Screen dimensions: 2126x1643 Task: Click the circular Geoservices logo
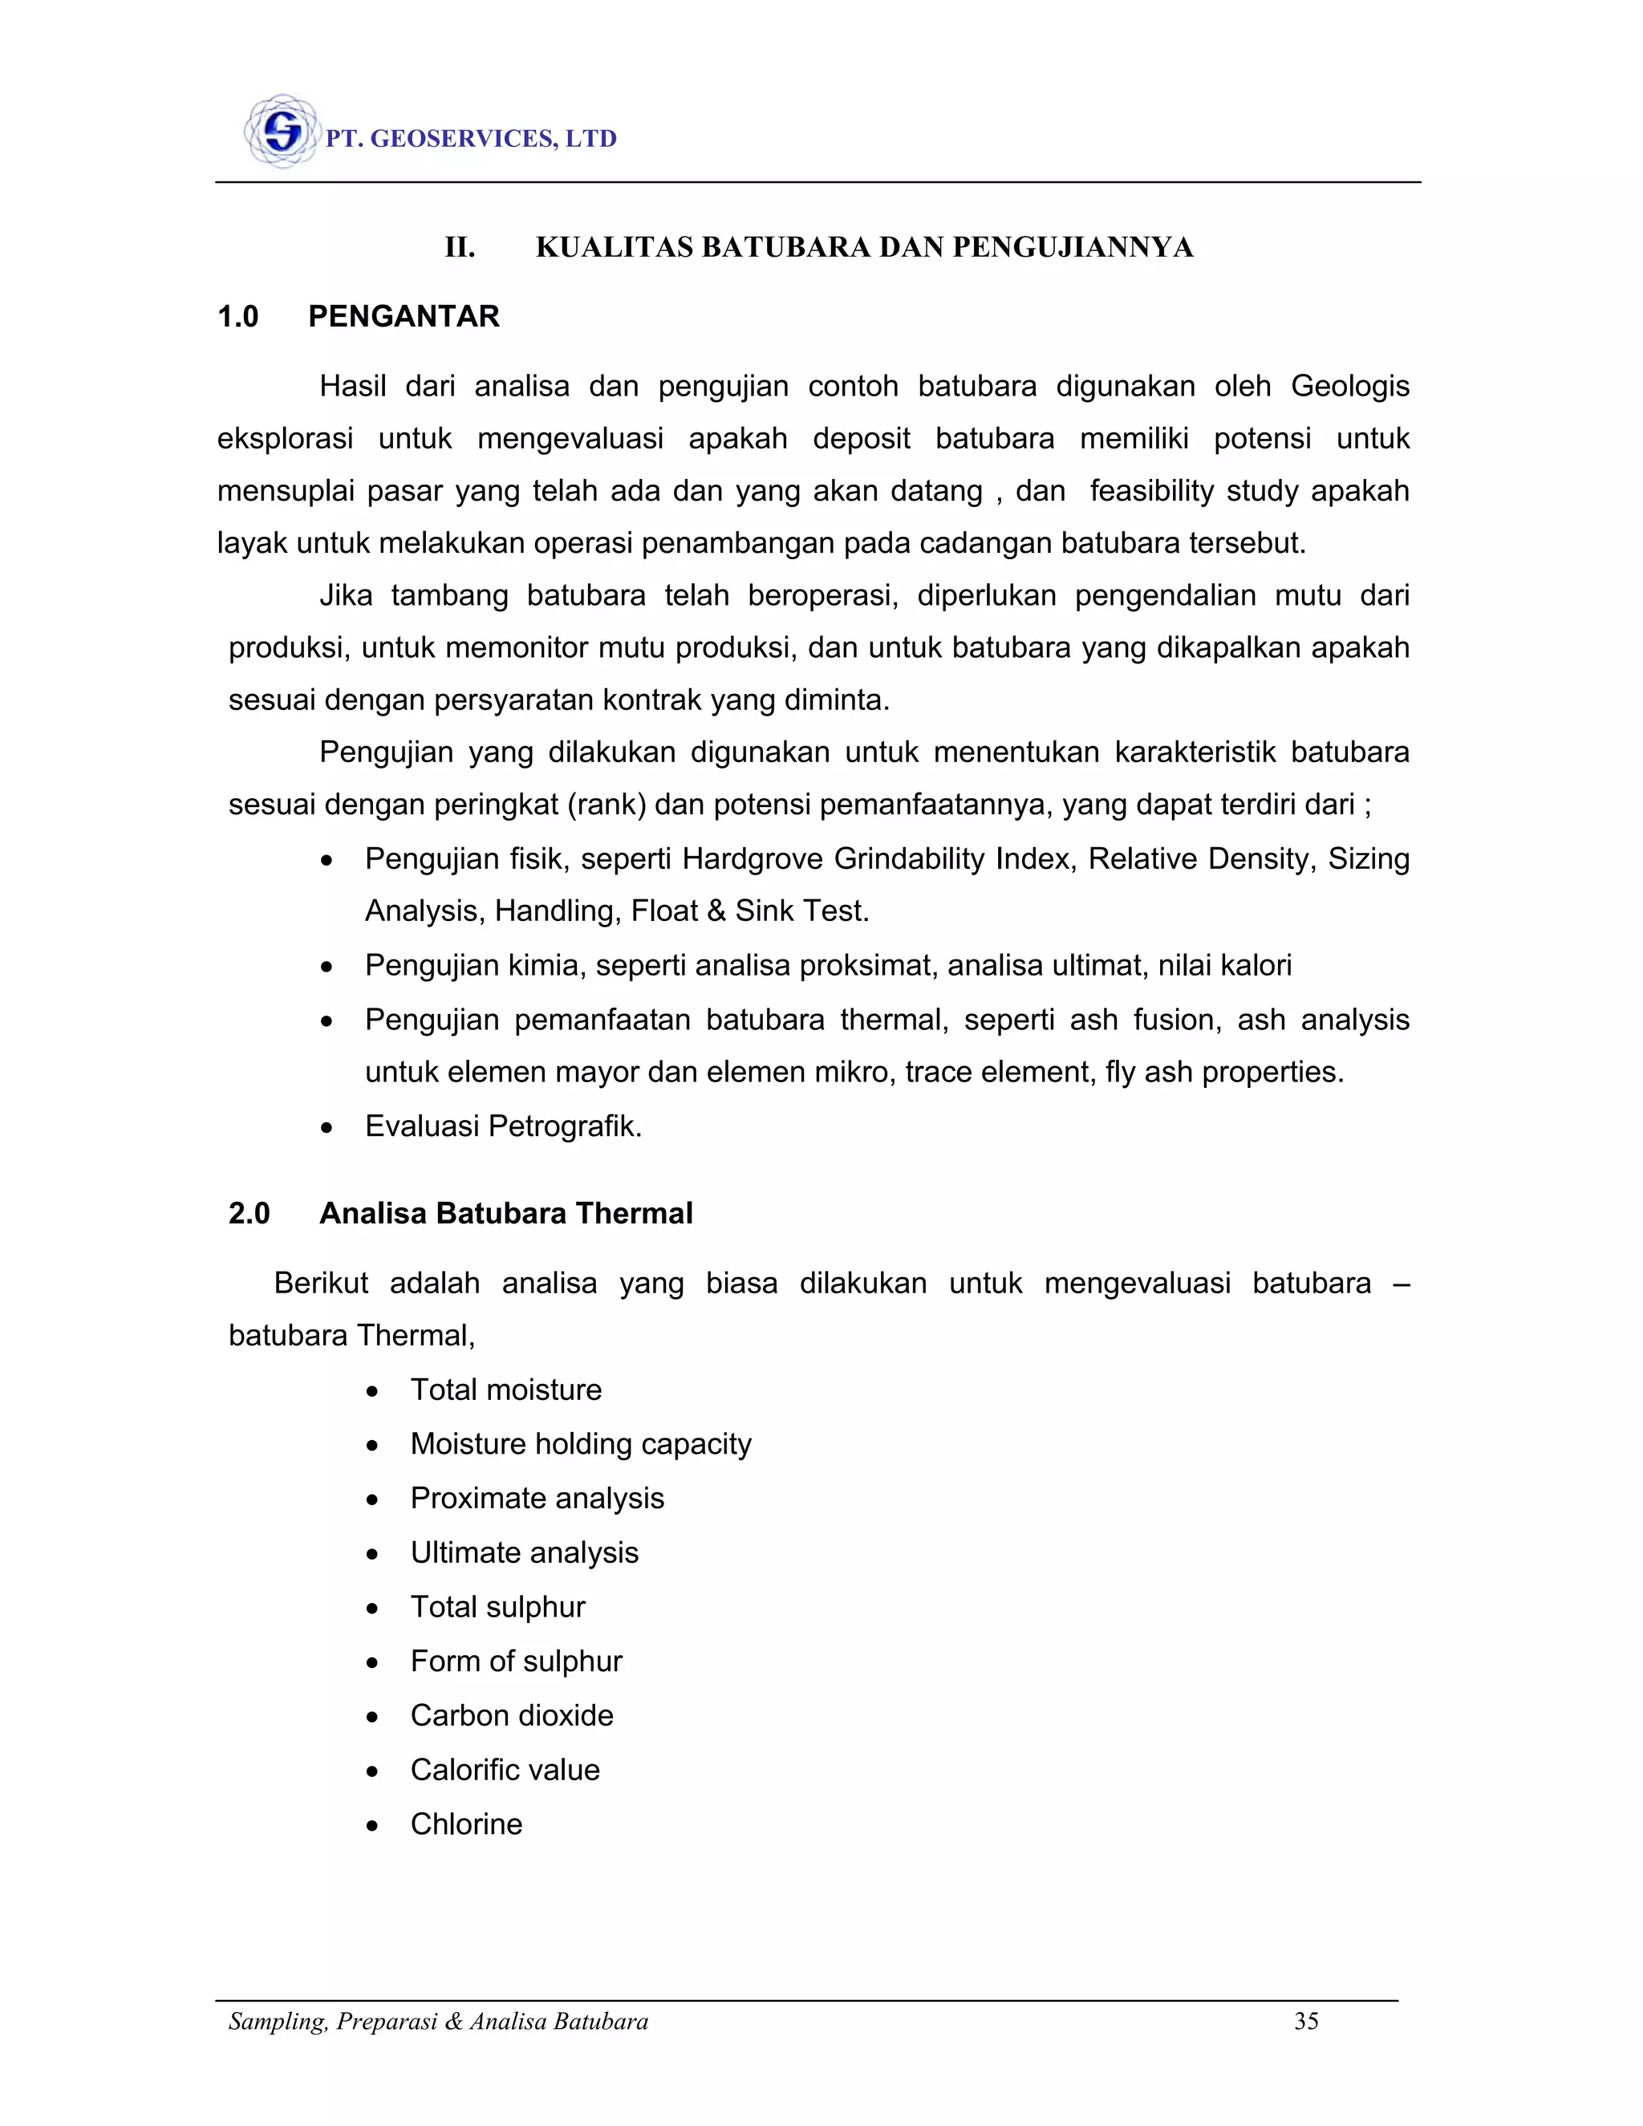tap(282, 132)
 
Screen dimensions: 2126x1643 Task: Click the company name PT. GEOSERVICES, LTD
tap(471, 140)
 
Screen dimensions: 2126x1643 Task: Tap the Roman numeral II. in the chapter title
tap(460, 247)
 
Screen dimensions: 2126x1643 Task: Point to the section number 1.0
tap(237, 316)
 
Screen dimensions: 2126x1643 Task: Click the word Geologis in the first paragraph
tap(1349, 387)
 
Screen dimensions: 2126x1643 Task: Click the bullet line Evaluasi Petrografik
tap(502, 1126)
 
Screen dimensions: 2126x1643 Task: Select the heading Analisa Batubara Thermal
tap(505, 1214)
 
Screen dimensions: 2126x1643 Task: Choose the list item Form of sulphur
tap(516, 1661)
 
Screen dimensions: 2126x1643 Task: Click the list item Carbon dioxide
tap(511, 1716)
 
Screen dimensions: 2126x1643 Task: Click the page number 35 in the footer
tap(1305, 2022)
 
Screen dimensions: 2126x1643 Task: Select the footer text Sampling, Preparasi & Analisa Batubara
tap(438, 2022)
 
